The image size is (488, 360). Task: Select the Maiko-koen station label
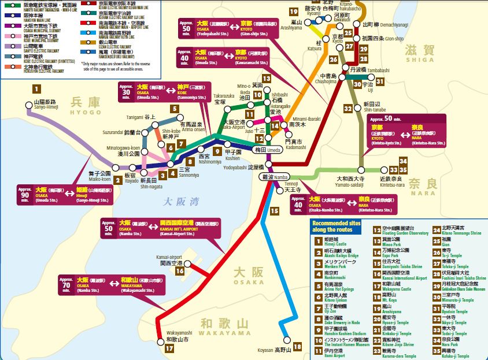click(x=102, y=176)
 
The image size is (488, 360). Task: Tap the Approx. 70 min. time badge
click(x=68, y=285)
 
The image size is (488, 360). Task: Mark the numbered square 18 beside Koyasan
click(x=297, y=347)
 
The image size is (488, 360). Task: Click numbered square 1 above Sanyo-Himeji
click(x=37, y=89)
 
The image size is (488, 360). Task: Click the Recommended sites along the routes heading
click(x=340, y=225)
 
